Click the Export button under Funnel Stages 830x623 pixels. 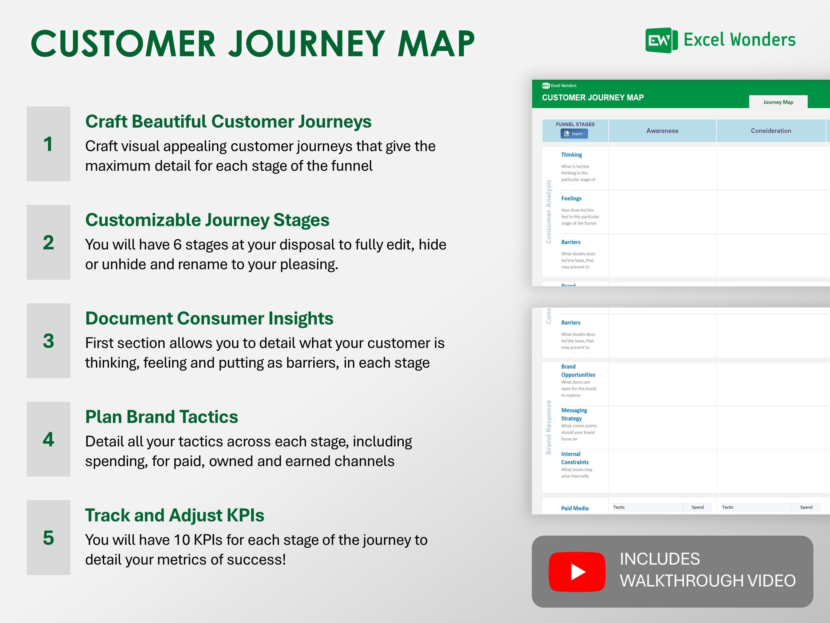click(574, 134)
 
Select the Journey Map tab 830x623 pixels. click(778, 102)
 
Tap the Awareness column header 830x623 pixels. click(662, 131)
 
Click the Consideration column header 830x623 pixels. click(771, 131)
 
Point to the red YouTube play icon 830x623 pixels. click(577, 572)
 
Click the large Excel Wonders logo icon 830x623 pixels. click(661, 40)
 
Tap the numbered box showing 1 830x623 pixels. click(48, 144)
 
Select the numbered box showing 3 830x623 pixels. click(48, 341)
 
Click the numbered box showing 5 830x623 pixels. click(48, 537)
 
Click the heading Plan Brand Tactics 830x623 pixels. click(161, 417)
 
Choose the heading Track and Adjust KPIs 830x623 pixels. click(175, 515)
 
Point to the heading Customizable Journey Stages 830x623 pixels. click(207, 220)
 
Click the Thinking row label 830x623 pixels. click(571, 155)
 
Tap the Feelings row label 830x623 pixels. click(571, 198)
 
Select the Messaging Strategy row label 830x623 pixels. click(574, 414)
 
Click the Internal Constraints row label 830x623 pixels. click(575, 458)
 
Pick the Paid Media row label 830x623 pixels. click(575, 508)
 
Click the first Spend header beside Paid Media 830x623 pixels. click(697, 507)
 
